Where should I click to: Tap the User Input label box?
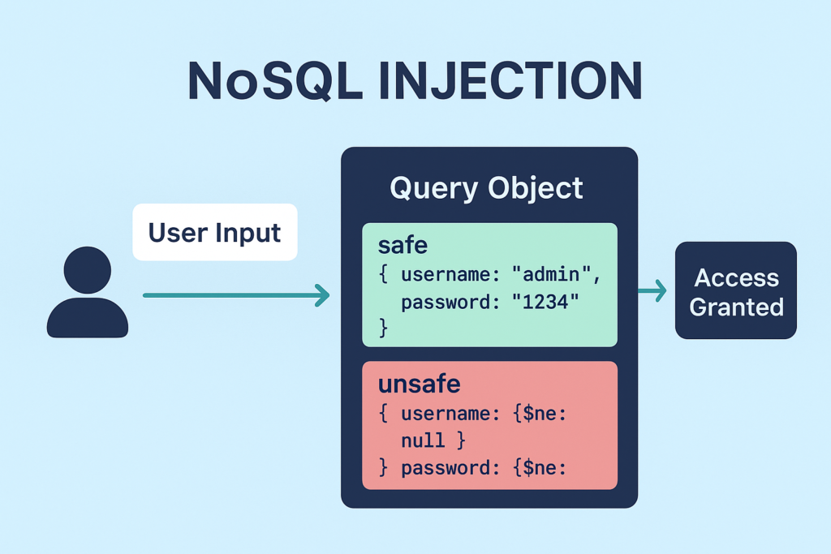tap(214, 232)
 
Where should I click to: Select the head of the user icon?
tap(87, 269)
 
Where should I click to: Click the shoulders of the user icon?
tap(87, 319)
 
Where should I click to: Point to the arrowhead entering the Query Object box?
tap(323, 295)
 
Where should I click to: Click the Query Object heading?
tap(486, 188)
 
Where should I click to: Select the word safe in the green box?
tap(403, 244)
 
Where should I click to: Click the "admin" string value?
tap(556, 274)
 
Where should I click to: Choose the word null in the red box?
tap(423, 440)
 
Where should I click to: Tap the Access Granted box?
tap(736, 290)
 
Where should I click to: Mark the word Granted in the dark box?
tap(736, 307)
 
